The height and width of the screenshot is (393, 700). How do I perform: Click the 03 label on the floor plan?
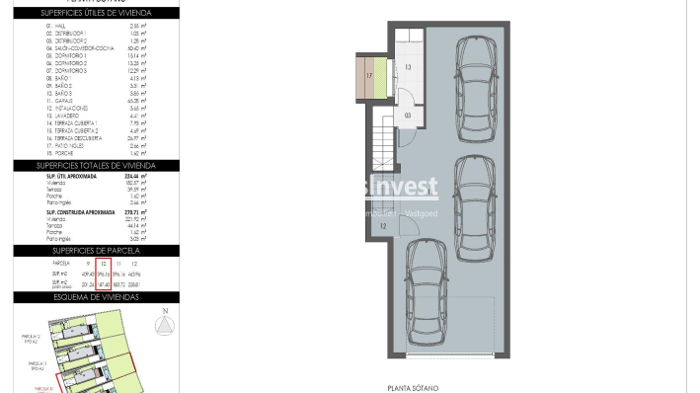coord(408,116)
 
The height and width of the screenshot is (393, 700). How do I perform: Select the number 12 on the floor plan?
coord(382,227)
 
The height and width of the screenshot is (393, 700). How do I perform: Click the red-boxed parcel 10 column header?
coord(103,265)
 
